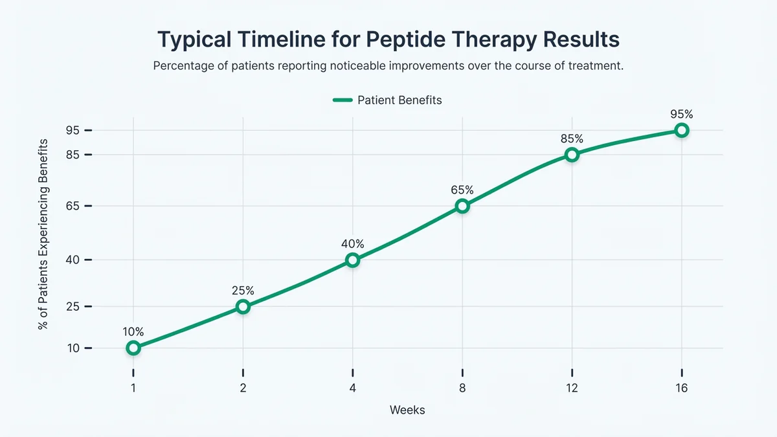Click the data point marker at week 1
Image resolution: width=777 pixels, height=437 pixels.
[133, 348]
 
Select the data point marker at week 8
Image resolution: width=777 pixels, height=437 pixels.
[462, 206]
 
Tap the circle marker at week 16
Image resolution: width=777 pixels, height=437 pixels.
[681, 130]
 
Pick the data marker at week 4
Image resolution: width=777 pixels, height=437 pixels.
[353, 260]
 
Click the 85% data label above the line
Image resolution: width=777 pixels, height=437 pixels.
[572, 138]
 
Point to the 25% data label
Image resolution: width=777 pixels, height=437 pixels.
[243, 290]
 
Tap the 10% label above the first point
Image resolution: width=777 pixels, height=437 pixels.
[133, 331]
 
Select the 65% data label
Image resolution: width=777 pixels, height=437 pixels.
[462, 190]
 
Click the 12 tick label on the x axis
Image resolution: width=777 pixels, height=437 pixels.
[572, 388]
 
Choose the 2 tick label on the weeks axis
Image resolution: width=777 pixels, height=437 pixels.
[243, 388]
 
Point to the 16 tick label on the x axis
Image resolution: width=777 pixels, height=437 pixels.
[681, 388]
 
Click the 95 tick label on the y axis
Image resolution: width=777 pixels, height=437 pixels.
[72, 130]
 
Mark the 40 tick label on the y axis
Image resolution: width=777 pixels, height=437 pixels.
[72, 260]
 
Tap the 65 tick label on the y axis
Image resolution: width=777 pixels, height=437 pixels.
[72, 206]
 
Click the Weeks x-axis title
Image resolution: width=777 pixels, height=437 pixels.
[407, 410]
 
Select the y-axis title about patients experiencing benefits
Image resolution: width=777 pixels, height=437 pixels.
[43, 233]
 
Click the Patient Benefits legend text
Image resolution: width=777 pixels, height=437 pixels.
[400, 100]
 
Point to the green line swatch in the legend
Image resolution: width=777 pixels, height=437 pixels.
[343, 100]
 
